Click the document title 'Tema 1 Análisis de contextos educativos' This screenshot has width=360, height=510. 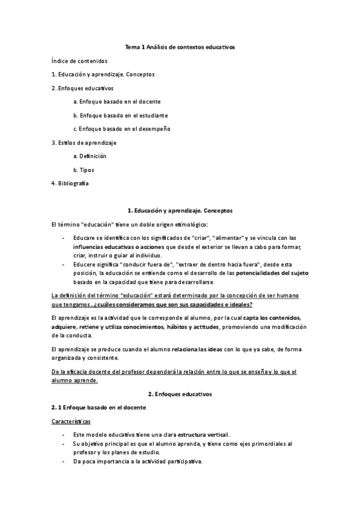coord(180,46)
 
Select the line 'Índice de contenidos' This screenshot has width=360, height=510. coord(79,61)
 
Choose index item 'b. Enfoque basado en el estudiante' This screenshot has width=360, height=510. coord(120,115)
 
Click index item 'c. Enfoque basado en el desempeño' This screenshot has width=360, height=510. coord(122,129)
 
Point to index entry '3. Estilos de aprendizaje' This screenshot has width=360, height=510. coord(84,143)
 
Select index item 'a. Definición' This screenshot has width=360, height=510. coord(90,156)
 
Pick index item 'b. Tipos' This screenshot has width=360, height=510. coord(84,170)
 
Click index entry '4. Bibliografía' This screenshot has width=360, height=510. coord(70,183)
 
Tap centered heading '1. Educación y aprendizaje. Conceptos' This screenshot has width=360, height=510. coord(180,210)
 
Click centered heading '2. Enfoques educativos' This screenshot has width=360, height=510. coord(180,394)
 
